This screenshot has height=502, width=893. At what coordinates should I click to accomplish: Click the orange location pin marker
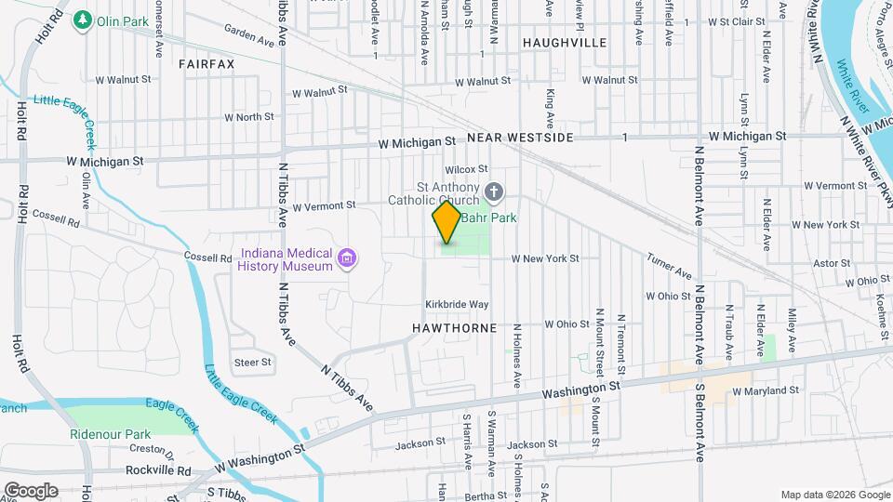click(x=446, y=222)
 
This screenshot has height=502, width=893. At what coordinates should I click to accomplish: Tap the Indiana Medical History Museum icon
click(x=347, y=258)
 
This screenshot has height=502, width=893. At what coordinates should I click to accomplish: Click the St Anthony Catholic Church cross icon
click(x=494, y=193)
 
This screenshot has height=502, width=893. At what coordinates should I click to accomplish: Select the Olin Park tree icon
click(x=84, y=19)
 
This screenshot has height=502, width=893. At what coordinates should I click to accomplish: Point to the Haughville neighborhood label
click(x=564, y=43)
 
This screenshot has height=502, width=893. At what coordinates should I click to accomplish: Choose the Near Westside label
click(x=520, y=138)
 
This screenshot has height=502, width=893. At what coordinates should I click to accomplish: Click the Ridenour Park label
click(x=110, y=434)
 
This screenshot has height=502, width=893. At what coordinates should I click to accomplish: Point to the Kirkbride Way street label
click(x=457, y=304)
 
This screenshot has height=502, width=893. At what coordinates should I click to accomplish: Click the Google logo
click(x=30, y=491)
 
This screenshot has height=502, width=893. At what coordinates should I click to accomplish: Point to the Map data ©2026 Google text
click(x=834, y=495)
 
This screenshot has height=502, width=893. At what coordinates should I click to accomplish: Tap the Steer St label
click(x=252, y=362)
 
